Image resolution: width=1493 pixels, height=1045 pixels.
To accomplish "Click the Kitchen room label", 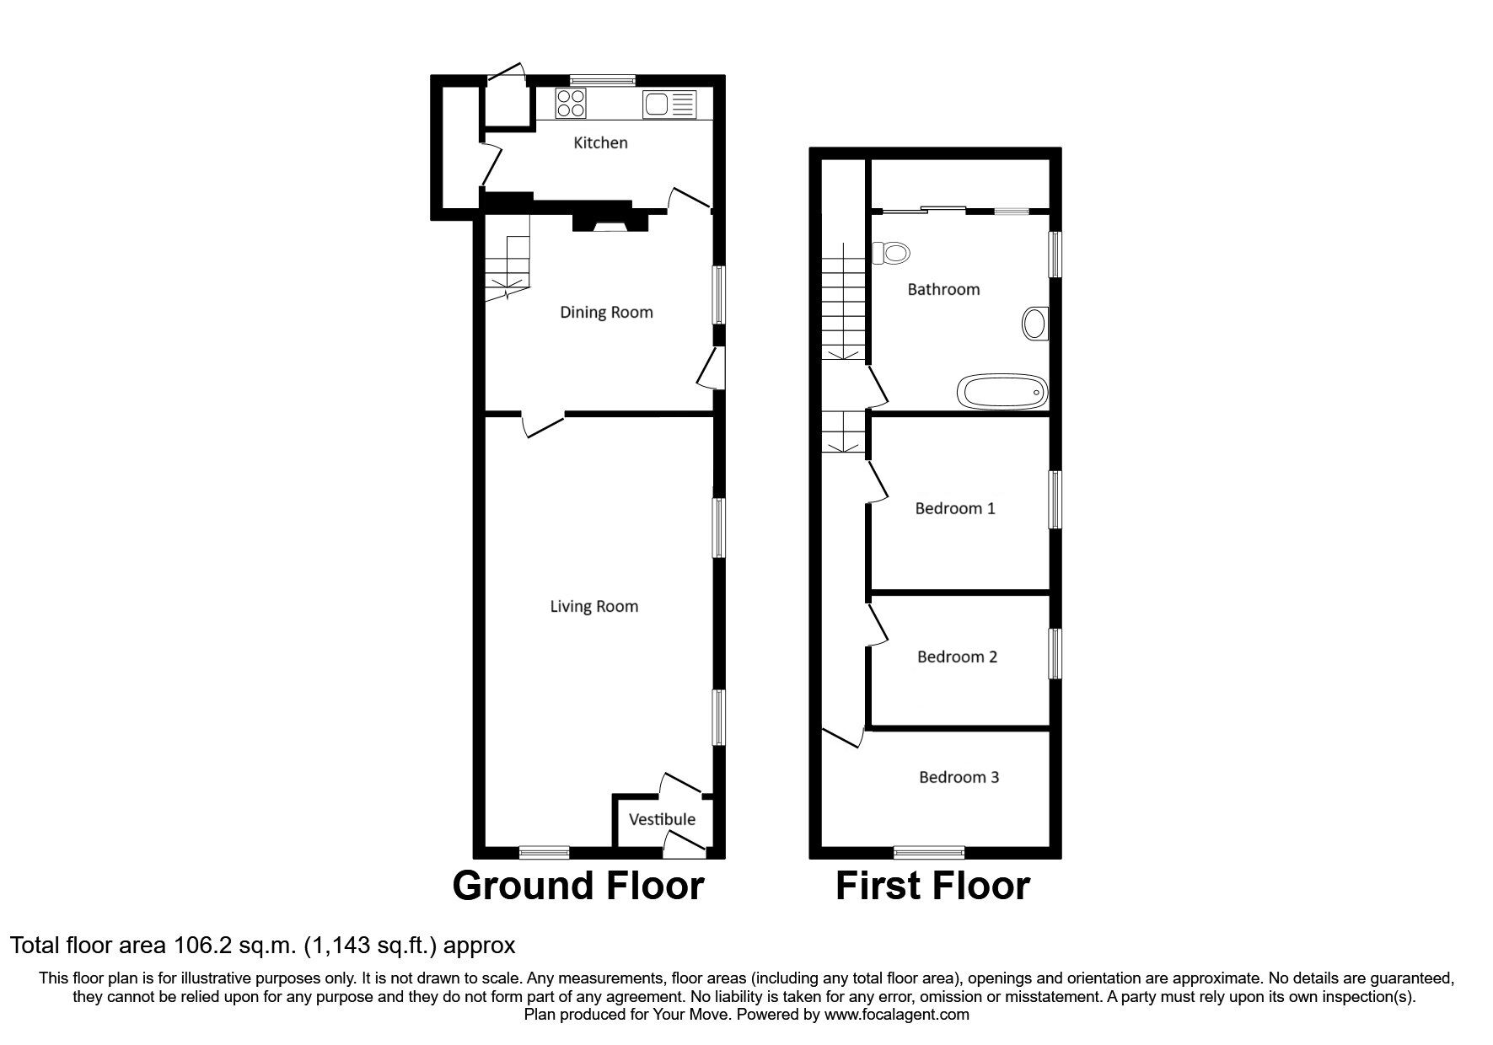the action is click(x=600, y=143).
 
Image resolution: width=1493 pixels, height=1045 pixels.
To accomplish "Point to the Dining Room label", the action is click(x=606, y=313).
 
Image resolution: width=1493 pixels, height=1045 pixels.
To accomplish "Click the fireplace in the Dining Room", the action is click(x=611, y=220).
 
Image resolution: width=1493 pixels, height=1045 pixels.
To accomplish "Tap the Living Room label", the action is click(x=593, y=607).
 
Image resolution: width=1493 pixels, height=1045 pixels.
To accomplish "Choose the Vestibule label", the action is click(x=663, y=819).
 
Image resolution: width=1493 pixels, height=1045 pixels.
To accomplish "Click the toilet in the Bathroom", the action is click(x=892, y=252).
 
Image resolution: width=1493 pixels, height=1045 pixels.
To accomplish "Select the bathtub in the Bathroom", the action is click(x=1002, y=392).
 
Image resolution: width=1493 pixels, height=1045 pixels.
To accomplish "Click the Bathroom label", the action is click(x=943, y=290).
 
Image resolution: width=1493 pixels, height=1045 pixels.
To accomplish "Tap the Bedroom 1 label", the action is click(x=955, y=509).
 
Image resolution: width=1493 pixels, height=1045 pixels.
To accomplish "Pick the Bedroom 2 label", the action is click(x=957, y=657).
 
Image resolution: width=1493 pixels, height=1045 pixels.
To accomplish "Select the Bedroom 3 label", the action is click(x=959, y=777).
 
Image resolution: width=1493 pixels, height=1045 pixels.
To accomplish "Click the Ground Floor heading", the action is click(x=577, y=887).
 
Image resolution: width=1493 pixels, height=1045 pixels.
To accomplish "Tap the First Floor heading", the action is click(x=932, y=887).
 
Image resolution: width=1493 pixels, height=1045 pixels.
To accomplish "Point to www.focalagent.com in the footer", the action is click(x=897, y=1015).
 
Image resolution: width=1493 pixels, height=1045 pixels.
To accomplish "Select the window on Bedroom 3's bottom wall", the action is click(x=929, y=851).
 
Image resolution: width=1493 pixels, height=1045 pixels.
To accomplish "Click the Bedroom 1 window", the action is click(x=1055, y=500).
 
